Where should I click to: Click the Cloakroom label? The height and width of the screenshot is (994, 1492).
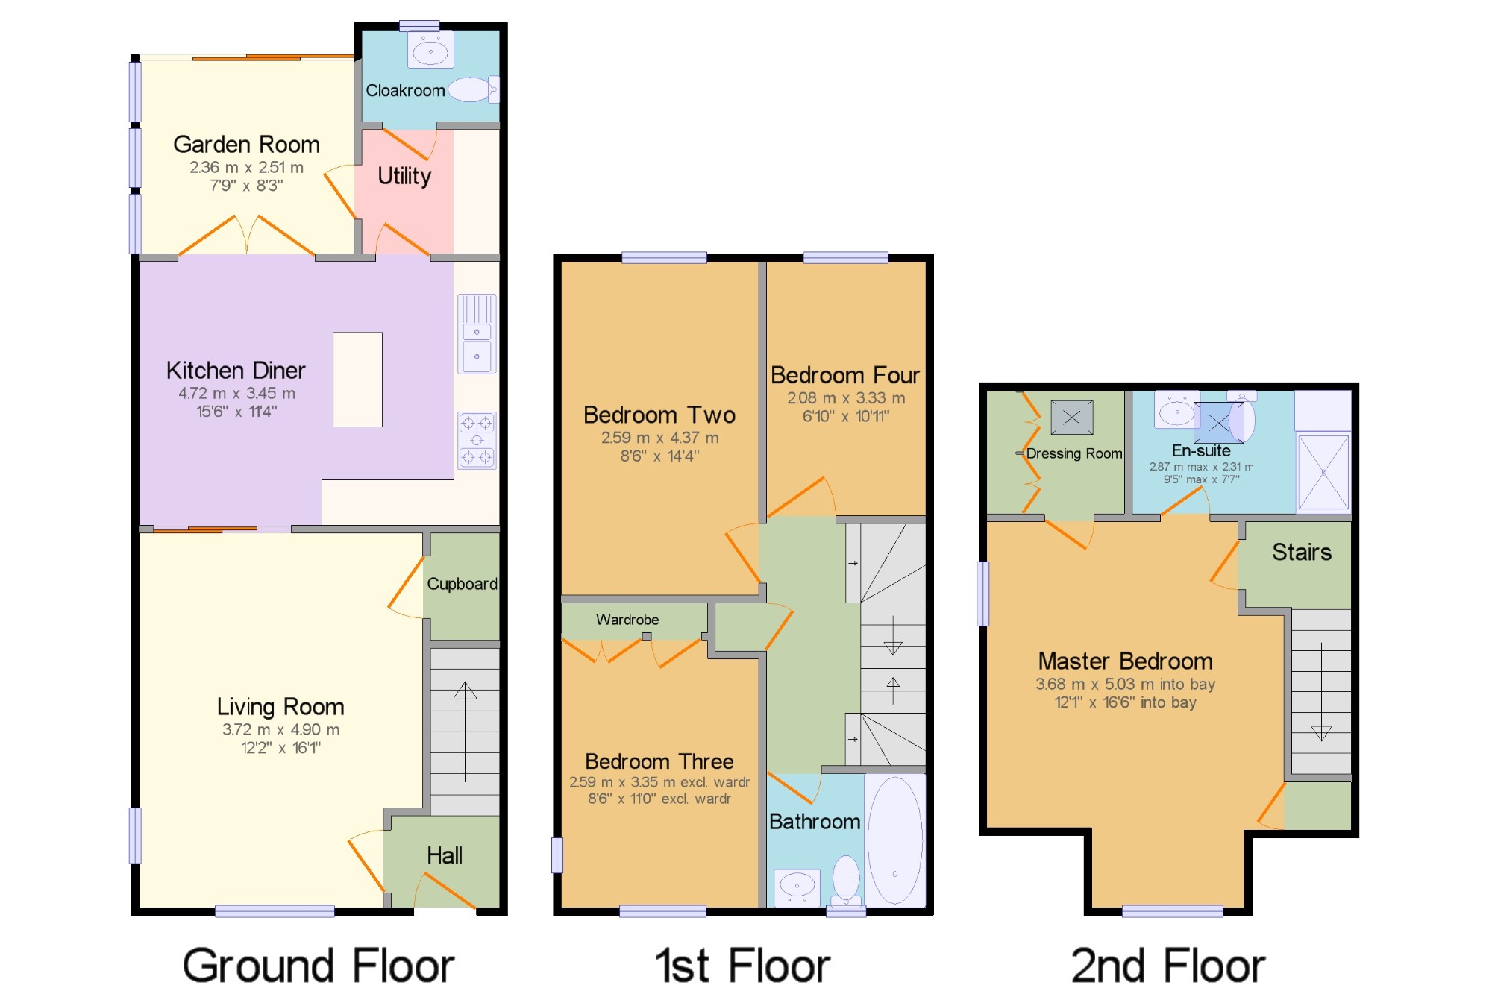[405, 90]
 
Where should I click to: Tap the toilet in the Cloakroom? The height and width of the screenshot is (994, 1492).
[474, 89]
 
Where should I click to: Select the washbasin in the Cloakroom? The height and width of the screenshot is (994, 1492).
[430, 51]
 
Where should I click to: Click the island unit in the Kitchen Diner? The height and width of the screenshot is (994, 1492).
[357, 380]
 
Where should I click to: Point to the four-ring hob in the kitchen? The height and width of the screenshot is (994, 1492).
[477, 440]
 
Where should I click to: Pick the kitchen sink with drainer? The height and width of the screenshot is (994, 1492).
[477, 333]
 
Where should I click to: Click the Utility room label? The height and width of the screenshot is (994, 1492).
[404, 177]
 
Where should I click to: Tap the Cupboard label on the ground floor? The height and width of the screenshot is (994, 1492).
[462, 584]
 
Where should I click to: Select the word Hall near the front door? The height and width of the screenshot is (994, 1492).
[445, 855]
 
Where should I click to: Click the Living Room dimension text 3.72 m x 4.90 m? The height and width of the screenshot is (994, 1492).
[280, 729]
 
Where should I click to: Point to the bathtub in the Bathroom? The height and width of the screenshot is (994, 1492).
[895, 840]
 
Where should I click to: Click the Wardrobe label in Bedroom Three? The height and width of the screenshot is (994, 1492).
[627, 620]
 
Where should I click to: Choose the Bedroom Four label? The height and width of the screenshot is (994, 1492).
[845, 374]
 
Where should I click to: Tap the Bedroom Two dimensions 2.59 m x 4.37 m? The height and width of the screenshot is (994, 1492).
[660, 438]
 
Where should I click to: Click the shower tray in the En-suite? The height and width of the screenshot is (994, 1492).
[1323, 473]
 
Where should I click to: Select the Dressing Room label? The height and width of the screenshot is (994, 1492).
[1074, 453]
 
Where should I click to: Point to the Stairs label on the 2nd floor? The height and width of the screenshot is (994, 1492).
[1302, 552]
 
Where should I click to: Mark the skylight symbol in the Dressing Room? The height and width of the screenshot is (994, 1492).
[1072, 418]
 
